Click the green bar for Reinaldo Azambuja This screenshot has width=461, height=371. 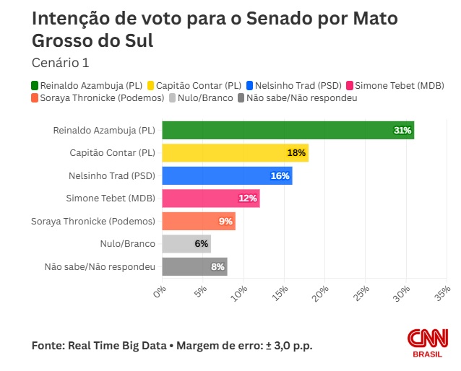[x=288, y=131]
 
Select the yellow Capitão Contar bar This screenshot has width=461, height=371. [x=235, y=153]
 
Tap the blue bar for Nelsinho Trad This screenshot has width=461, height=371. [x=227, y=175]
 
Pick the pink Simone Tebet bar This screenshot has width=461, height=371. [x=210, y=198]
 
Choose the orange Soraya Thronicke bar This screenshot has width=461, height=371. [x=198, y=221]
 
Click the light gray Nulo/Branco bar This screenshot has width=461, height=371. [x=186, y=244]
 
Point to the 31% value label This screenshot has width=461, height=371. [x=402, y=131]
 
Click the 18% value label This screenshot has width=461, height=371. [x=297, y=153]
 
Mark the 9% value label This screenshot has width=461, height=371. [x=225, y=221]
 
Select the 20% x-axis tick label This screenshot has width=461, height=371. [x=322, y=293]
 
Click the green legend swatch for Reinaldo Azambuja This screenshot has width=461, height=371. [x=35, y=84]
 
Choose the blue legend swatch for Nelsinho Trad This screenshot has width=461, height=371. [x=250, y=84]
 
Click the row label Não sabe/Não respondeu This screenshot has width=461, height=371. [x=100, y=266]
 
